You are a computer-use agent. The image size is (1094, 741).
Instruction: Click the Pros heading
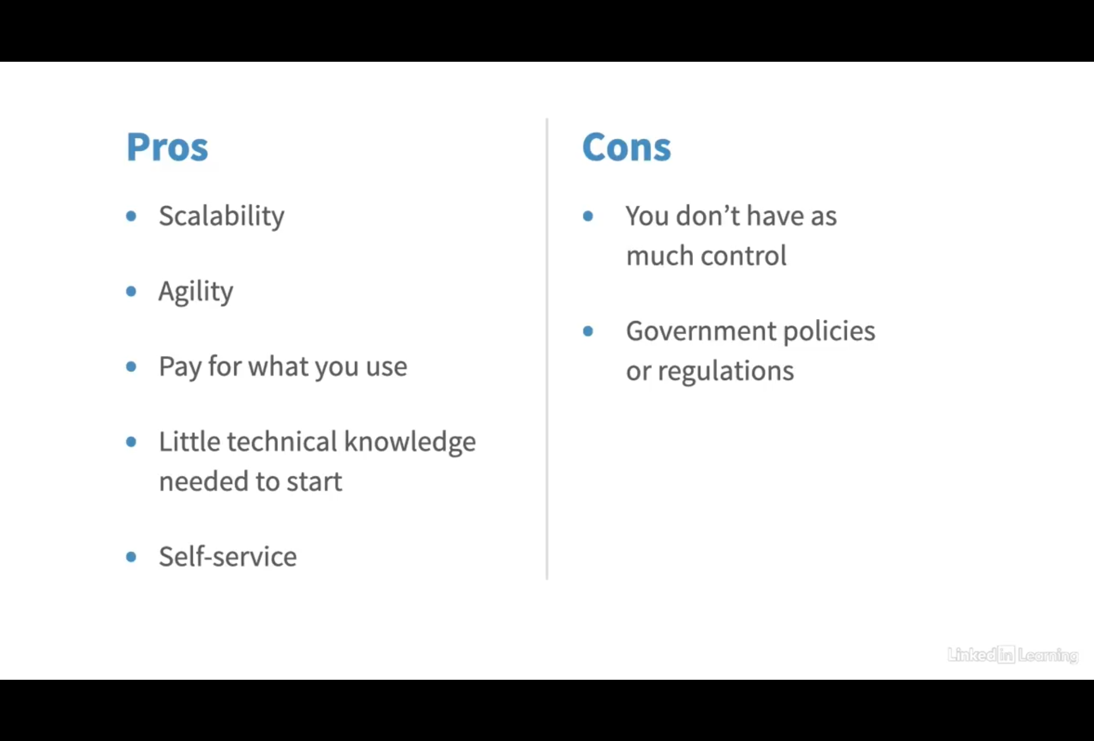pyautogui.click(x=167, y=147)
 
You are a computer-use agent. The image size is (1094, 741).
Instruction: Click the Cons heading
pyautogui.click(x=627, y=147)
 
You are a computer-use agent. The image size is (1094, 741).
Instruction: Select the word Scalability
pyautogui.click(x=221, y=216)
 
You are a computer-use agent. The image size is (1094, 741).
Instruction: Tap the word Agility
pyautogui.click(x=196, y=292)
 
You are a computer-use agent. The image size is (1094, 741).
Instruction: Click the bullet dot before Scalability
pyautogui.click(x=131, y=216)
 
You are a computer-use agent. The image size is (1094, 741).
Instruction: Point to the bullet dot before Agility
pyautogui.click(x=131, y=292)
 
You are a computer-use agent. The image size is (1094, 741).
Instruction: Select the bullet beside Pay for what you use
pyautogui.click(x=131, y=367)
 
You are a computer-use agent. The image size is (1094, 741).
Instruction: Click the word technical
pyautogui.click(x=282, y=442)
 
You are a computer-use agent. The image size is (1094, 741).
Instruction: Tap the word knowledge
pyautogui.click(x=410, y=443)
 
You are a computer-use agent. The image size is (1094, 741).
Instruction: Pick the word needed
pyautogui.click(x=204, y=482)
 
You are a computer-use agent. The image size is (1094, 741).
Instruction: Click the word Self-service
pyautogui.click(x=228, y=556)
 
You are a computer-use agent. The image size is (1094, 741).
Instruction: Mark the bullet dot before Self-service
pyautogui.click(x=131, y=557)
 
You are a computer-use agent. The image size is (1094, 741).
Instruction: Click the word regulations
pyautogui.click(x=726, y=371)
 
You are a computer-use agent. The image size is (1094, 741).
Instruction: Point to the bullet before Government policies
pyautogui.click(x=588, y=331)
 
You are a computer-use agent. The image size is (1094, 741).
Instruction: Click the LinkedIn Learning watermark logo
pyautogui.click(x=1013, y=655)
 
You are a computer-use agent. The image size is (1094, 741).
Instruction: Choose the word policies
pyautogui.click(x=829, y=331)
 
